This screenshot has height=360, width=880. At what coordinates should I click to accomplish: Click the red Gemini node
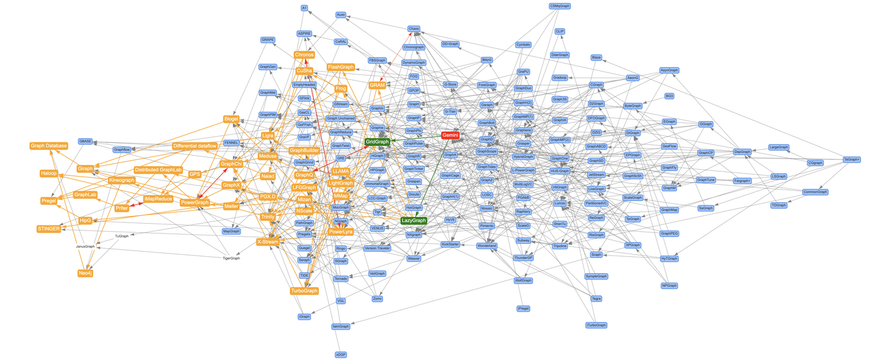450,135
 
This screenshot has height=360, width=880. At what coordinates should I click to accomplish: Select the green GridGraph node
377,142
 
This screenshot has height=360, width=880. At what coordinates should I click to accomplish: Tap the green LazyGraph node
414,220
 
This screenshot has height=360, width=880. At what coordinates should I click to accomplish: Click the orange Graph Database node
48,145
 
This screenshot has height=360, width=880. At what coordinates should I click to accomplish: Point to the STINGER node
49,229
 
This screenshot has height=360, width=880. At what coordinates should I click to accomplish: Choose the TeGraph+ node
852,160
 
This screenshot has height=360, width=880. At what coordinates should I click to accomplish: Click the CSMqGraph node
560,6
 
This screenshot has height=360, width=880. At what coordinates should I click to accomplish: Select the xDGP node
340,354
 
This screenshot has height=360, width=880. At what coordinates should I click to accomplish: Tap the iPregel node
523,309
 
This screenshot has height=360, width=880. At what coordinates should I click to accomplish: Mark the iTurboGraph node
596,325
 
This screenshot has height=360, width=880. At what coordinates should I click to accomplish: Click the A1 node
304,8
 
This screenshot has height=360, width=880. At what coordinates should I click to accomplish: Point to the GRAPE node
268,40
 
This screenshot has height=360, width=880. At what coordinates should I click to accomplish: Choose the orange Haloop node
48,173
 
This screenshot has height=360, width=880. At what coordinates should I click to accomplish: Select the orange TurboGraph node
304,291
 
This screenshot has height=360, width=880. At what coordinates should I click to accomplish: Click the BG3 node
669,96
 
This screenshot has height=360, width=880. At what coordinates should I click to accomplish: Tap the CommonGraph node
815,192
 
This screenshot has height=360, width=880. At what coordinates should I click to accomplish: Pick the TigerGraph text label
231,258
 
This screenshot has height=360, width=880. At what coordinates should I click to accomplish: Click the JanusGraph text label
85,246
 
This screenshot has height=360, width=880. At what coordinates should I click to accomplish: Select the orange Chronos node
304,54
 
